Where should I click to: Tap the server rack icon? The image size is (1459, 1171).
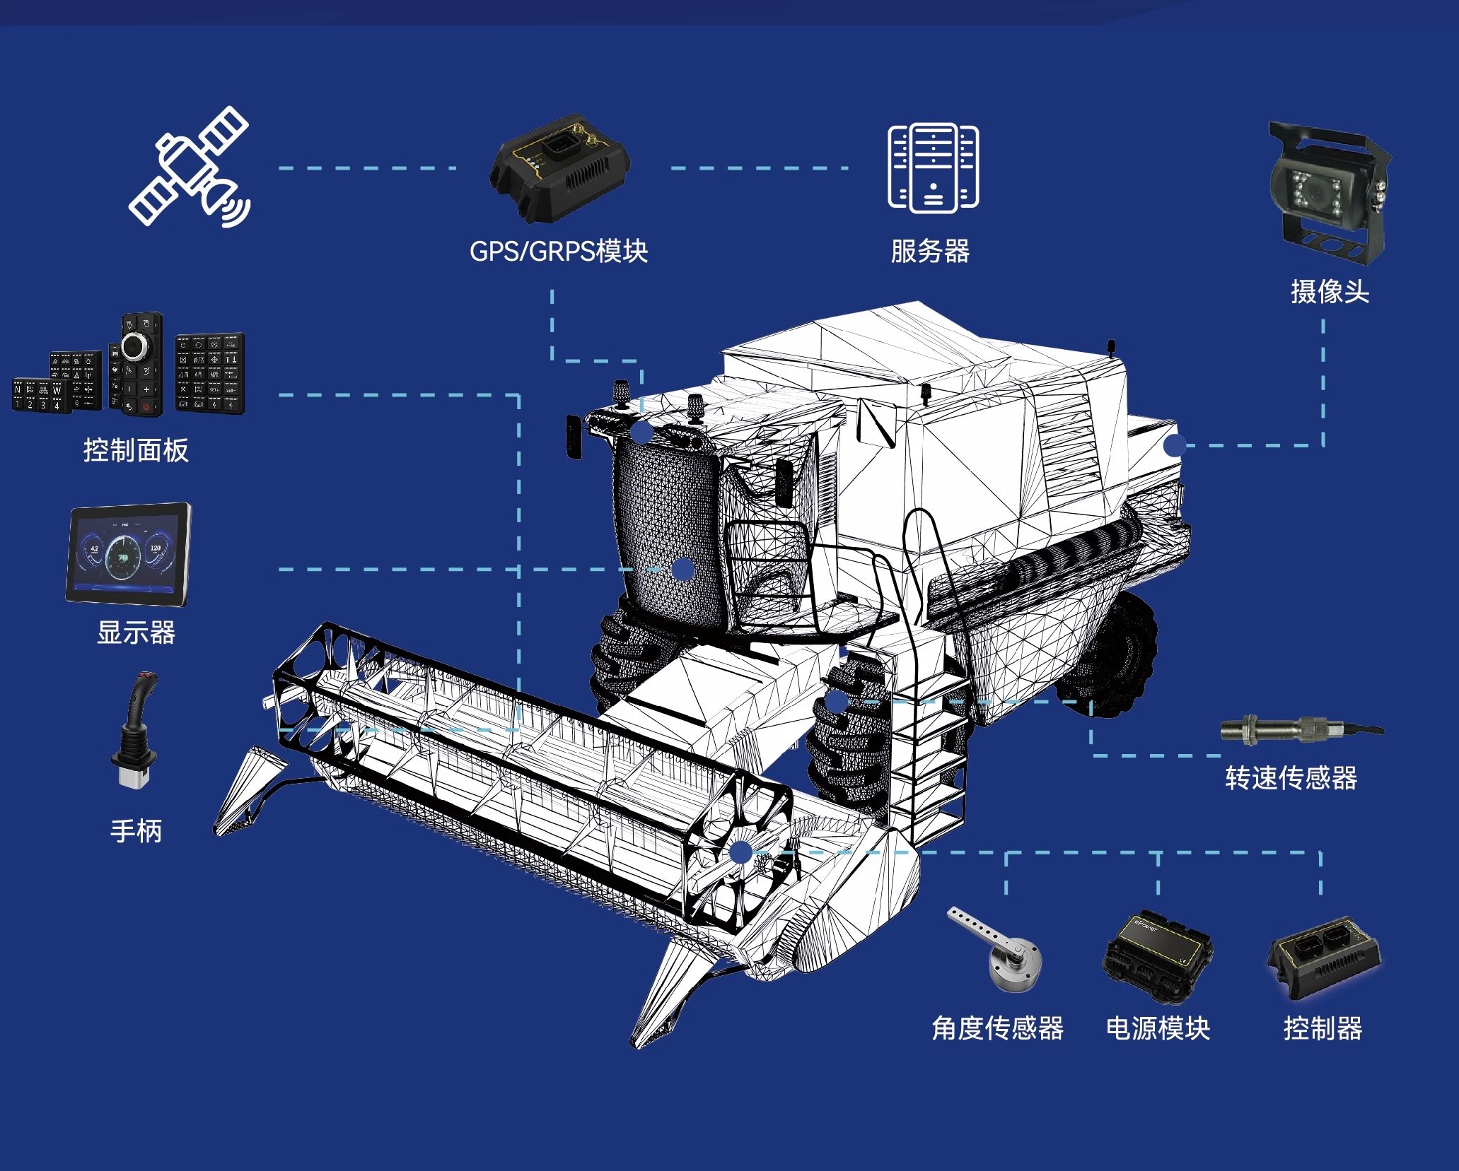point(934,167)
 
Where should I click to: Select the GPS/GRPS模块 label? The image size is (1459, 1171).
point(559,252)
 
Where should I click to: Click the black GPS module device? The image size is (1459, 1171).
point(559,168)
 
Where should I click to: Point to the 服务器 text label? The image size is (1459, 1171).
point(930,252)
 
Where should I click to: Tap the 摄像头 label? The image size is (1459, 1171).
point(1330,292)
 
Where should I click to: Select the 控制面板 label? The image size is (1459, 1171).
point(136,450)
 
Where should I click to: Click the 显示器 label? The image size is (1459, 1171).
point(136,632)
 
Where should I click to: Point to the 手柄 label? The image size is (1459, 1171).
point(136,831)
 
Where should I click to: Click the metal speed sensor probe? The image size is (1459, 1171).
point(1301,729)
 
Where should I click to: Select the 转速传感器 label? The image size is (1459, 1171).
point(1291,778)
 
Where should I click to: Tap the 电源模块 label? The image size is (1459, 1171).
point(1158,1028)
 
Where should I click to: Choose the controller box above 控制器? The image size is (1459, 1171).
point(1323,958)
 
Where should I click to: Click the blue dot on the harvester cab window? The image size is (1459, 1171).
point(682,569)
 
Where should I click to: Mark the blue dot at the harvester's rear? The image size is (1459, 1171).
point(1175,445)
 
